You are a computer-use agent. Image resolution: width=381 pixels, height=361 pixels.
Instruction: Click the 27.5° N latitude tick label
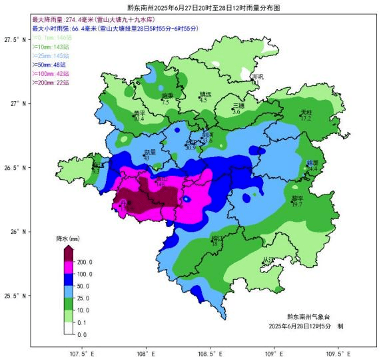tap(16, 40)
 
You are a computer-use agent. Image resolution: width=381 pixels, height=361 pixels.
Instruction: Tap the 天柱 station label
tap(306, 112)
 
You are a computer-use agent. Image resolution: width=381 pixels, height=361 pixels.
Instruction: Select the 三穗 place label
tap(238, 106)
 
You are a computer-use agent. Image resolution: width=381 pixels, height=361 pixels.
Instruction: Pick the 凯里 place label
tap(150, 152)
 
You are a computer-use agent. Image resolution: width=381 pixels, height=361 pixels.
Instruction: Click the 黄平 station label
tap(139, 113)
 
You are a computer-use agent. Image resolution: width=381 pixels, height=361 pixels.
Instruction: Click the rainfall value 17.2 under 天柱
tap(306, 119)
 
